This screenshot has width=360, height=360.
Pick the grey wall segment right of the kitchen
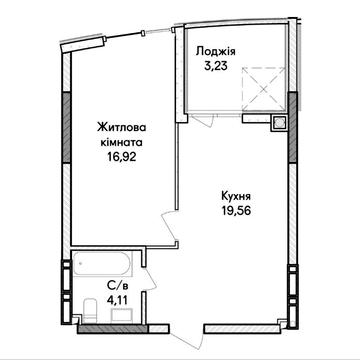(291, 150)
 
